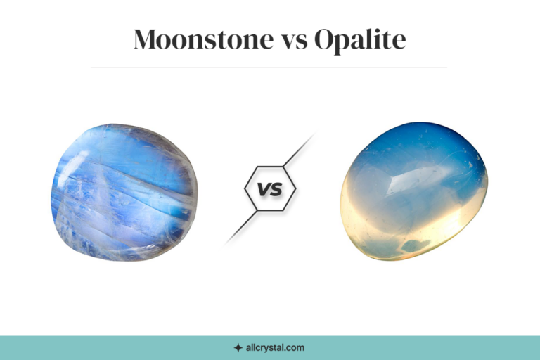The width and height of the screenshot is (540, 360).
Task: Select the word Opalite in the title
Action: coord(360,40)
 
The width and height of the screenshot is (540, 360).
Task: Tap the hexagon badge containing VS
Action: coord(270,188)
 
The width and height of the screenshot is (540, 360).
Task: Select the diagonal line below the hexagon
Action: coord(241,227)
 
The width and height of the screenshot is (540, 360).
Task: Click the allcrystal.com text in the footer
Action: coord(275,347)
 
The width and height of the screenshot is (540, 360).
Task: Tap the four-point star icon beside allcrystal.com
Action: coord(238,347)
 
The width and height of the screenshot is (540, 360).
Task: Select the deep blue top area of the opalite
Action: coord(415,141)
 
